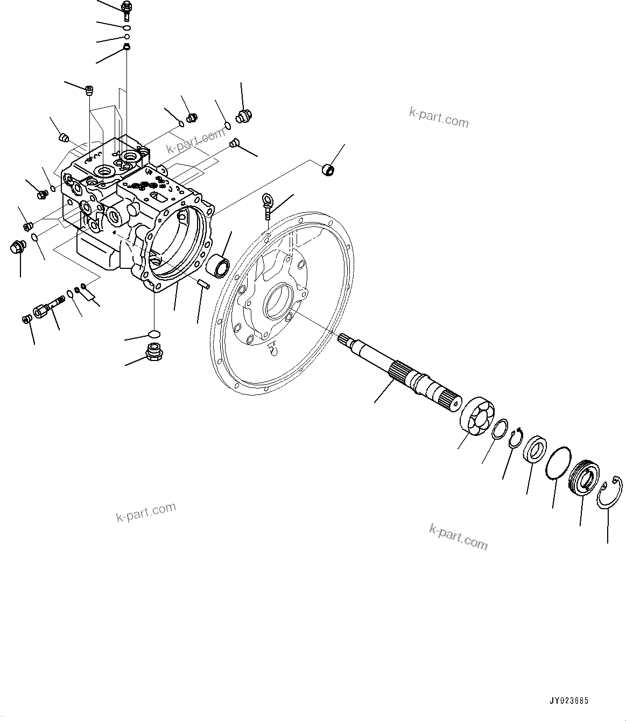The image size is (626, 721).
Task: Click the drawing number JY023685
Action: [x=569, y=701]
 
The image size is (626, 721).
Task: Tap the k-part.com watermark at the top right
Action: [x=439, y=117]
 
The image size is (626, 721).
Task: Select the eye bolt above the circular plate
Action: [x=268, y=205]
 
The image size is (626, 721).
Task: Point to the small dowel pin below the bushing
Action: [x=202, y=283]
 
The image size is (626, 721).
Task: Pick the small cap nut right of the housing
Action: [x=327, y=170]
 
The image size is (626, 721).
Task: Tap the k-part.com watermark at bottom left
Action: [x=146, y=512]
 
